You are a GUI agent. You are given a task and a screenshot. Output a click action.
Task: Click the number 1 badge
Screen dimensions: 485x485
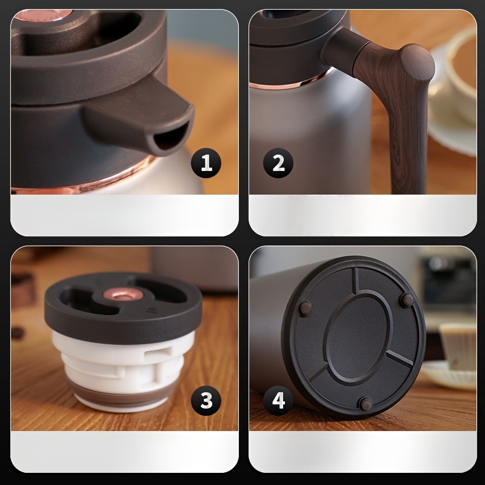pos(206,163)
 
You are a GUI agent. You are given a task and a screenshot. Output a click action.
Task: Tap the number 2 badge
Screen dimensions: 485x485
pos(278,163)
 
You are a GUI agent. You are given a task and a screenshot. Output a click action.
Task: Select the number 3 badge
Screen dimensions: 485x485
pos(206,400)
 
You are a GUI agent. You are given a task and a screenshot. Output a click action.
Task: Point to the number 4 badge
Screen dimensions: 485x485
pos(278,400)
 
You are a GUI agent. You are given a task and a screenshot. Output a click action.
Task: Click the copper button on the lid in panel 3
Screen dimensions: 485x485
pos(122,293)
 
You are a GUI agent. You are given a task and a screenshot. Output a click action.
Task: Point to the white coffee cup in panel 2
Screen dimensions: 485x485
pos(454,90)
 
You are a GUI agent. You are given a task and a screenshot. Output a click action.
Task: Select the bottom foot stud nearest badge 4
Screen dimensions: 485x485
pos(366,404)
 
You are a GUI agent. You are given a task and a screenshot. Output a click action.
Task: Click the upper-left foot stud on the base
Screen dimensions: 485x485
pos(306,308)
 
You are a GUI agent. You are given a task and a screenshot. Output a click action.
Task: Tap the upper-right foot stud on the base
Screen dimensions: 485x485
pos(406,300)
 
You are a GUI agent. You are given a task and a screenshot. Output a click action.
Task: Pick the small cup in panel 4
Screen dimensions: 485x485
pos(458,347)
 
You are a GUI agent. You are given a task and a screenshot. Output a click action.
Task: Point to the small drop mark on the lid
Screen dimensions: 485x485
pos(152,309)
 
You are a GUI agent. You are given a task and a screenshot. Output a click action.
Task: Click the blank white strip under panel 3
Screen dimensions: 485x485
pos(124,452)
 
